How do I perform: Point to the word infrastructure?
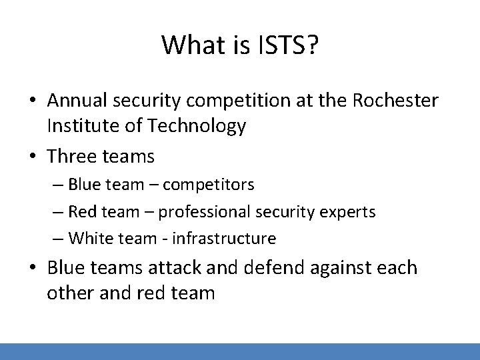tap(223, 237)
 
